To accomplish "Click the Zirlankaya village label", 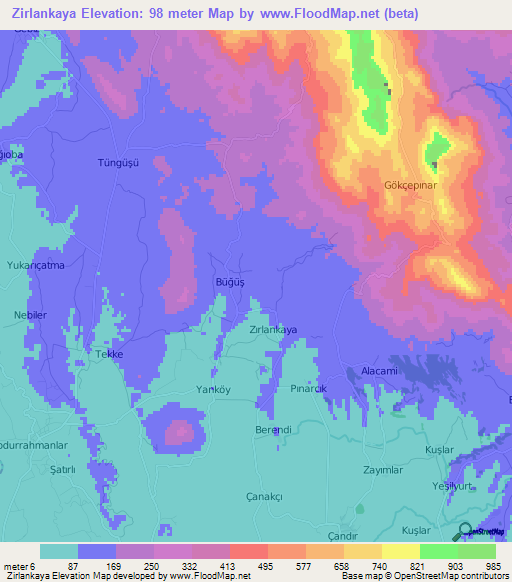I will pos(273,329).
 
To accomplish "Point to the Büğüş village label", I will pos(230,283).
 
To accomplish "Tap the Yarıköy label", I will pos(186,388).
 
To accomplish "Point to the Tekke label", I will pos(108,355).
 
